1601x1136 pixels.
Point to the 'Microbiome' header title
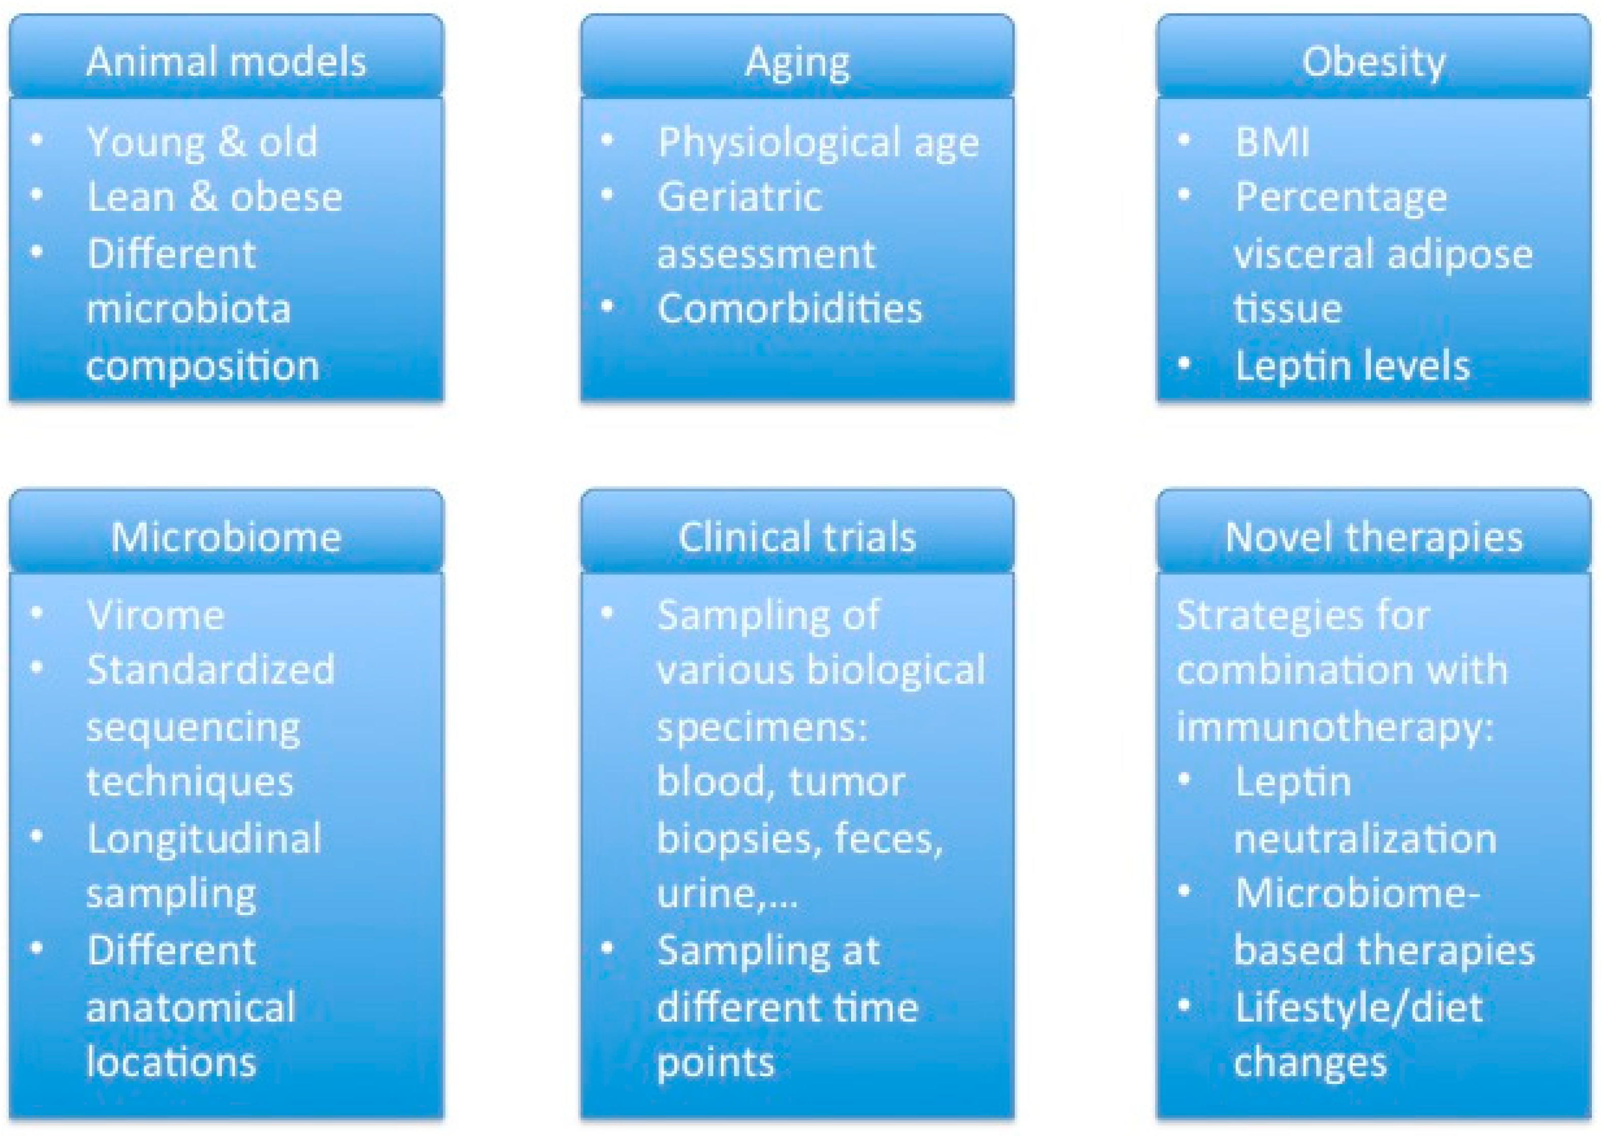226,537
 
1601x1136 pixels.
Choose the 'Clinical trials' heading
797,537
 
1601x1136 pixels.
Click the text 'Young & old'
202,142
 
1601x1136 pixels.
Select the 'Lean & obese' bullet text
215,197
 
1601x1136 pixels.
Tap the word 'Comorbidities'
790,308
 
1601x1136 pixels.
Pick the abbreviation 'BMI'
1271,142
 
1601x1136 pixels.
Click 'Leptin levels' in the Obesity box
1352,366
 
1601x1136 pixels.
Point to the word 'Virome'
155,615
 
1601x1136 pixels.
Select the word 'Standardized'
211,669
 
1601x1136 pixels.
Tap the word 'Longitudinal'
204,838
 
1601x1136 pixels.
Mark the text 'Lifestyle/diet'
1358,1008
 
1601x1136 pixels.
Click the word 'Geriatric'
739,197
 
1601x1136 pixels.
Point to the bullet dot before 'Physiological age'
607,140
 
